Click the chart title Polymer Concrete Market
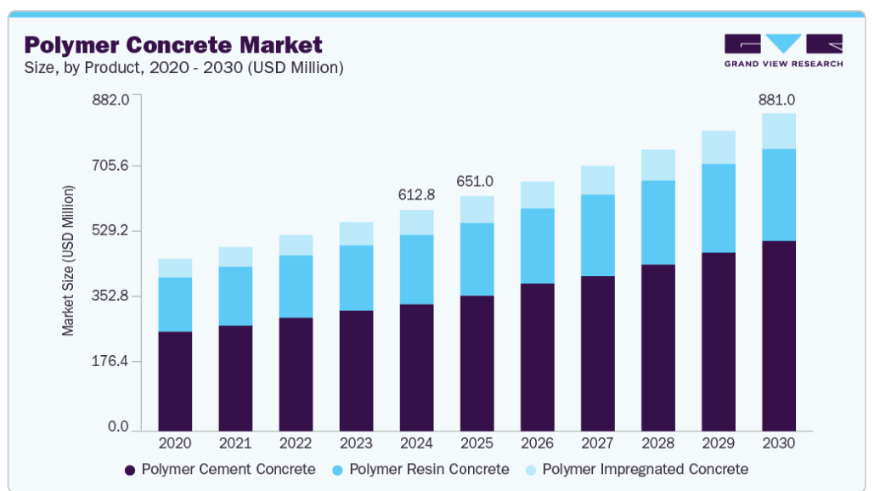pos(173,45)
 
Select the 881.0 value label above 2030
pos(776,100)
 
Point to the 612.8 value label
pos(416,195)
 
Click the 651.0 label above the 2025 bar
pos(475,181)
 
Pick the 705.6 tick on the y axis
pos(110,166)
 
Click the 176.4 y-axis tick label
pos(110,361)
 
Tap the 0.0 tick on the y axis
pos(118,426)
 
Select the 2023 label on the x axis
pos(356,443)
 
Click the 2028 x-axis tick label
pos(657,443)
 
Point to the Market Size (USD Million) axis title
pos(68,261)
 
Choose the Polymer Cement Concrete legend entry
pos(221,470)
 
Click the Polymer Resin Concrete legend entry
pos(421,470)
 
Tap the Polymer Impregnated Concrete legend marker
pos(531,471)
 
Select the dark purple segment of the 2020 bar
pos(175,381)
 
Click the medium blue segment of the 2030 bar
pos(779,195)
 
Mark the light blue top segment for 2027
pos(598,180)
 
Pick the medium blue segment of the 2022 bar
pos(296,287)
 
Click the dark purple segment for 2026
pos(537,357)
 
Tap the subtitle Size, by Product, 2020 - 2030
pos(183,68)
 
